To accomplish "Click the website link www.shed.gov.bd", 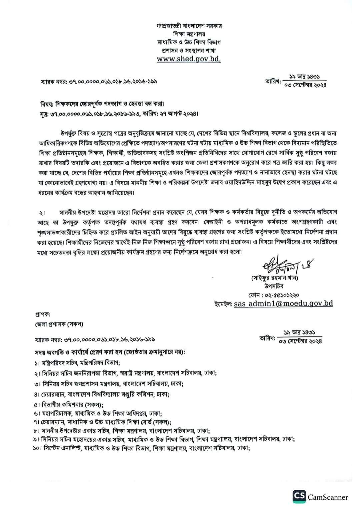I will click(189, 59).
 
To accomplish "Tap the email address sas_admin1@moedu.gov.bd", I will click(283, 303).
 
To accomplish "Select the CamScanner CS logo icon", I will click(299, 497).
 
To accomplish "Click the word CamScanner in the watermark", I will click(328, 497).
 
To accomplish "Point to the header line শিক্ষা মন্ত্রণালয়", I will click(189, 34).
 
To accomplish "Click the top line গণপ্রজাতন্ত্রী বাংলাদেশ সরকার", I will click(189, 26).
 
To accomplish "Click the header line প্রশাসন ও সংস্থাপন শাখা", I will click(189, 51).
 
